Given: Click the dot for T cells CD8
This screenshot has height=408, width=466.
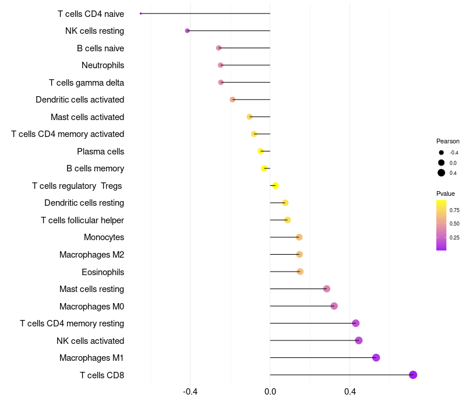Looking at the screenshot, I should pos(413,375).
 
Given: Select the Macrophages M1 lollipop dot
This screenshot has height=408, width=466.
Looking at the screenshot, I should pos(376,358).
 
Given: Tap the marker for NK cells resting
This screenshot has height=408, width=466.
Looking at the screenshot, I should pos(187,31).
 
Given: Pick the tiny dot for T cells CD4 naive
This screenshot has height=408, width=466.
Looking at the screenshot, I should pos(141,13).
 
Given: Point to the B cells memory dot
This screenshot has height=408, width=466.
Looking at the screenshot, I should pos(264,168).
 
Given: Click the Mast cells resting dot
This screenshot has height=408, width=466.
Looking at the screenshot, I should pos(327,289).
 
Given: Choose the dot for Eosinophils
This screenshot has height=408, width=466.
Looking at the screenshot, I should pos(300,272).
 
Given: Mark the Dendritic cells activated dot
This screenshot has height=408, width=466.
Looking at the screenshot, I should pos(232,100).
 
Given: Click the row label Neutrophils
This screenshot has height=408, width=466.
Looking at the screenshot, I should pos(103,65).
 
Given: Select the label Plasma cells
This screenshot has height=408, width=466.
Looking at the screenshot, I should pos(100,152).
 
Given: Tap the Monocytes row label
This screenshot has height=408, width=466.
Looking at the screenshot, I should pos(104,237).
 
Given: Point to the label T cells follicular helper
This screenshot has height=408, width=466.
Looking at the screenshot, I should pos(82,220).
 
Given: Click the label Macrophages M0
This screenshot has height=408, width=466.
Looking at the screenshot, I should pos(91,307).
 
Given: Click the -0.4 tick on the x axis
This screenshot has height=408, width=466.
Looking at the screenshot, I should pos(190,392).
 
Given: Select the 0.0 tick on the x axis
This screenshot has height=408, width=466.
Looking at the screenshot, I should pos(270,392).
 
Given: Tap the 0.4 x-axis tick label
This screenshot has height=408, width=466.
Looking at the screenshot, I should pos(350,392).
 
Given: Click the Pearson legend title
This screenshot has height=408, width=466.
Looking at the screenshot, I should pos(447,141).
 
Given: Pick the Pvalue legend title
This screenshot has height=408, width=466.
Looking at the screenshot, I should pos(446,194).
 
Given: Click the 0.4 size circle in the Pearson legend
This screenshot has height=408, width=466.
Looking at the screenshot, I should pos(442,173).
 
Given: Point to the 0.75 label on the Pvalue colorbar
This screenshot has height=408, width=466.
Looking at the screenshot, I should pos(454,210).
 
